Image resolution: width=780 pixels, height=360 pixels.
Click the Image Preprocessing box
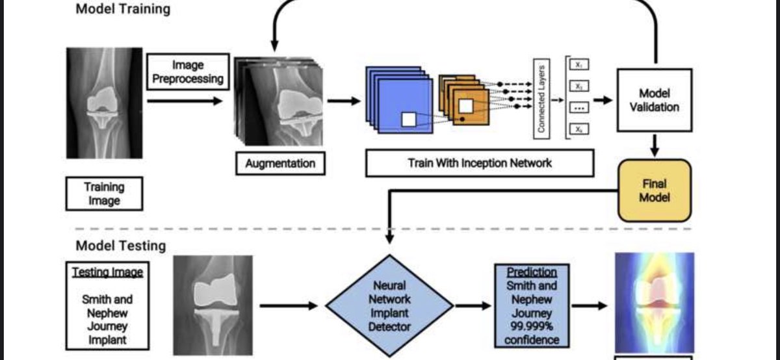(x=188, y=71)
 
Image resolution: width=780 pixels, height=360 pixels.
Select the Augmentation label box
(x=280, y=163)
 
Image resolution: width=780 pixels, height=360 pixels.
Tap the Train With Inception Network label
(x=480, y=163)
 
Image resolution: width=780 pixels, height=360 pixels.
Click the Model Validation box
(x=654, y=99)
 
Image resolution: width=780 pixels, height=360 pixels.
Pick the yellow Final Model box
(x=654, y=190)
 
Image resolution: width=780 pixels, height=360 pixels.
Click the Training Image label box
(x=104, y=194)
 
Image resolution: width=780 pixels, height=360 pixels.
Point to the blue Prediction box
(x=532, y=305)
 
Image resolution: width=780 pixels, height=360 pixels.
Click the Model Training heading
(x=123, y=9)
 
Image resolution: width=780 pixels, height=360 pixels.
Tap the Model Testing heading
(x=121, y=246)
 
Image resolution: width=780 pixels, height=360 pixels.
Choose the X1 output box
(x=578, y=65)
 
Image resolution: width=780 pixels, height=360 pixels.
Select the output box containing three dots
(x=578, y=107)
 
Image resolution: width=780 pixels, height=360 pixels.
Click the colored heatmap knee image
(x=654, y=302)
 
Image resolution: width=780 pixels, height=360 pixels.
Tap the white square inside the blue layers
(x=408, y=120)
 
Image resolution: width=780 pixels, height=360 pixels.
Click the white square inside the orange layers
(x=466, y=105)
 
